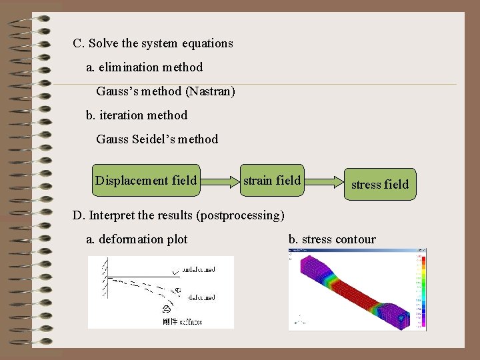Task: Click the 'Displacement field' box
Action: [146, 181]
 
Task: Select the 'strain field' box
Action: [272, 180]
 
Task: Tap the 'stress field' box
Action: [380, 184]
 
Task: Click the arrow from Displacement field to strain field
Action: [220, 181]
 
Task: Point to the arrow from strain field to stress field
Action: [324, 181]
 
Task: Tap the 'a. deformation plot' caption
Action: [137, 239]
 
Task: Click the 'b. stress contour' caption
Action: [332, 239]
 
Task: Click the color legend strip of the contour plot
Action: [419, 290]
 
